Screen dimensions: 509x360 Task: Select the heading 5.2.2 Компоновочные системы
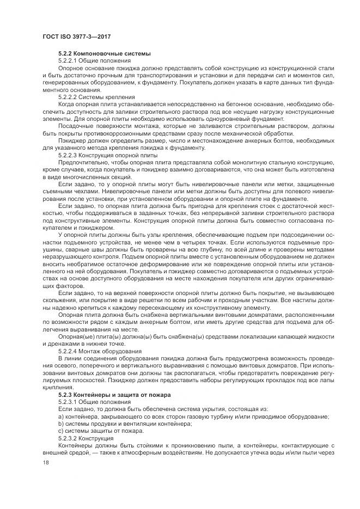pyautogui.click(x=104, y=53)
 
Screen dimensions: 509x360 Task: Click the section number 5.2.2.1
pyautogui.click(x=69, y=60)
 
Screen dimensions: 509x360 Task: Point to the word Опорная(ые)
pyautogui.click(x=76, y=337)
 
